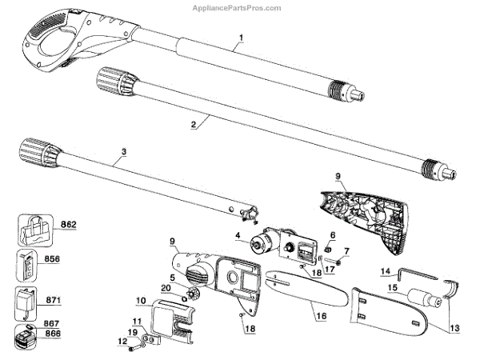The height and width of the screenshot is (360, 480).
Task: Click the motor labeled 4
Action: [x=264, y=243]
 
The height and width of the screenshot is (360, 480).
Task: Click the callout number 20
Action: [x=165, y=288]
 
